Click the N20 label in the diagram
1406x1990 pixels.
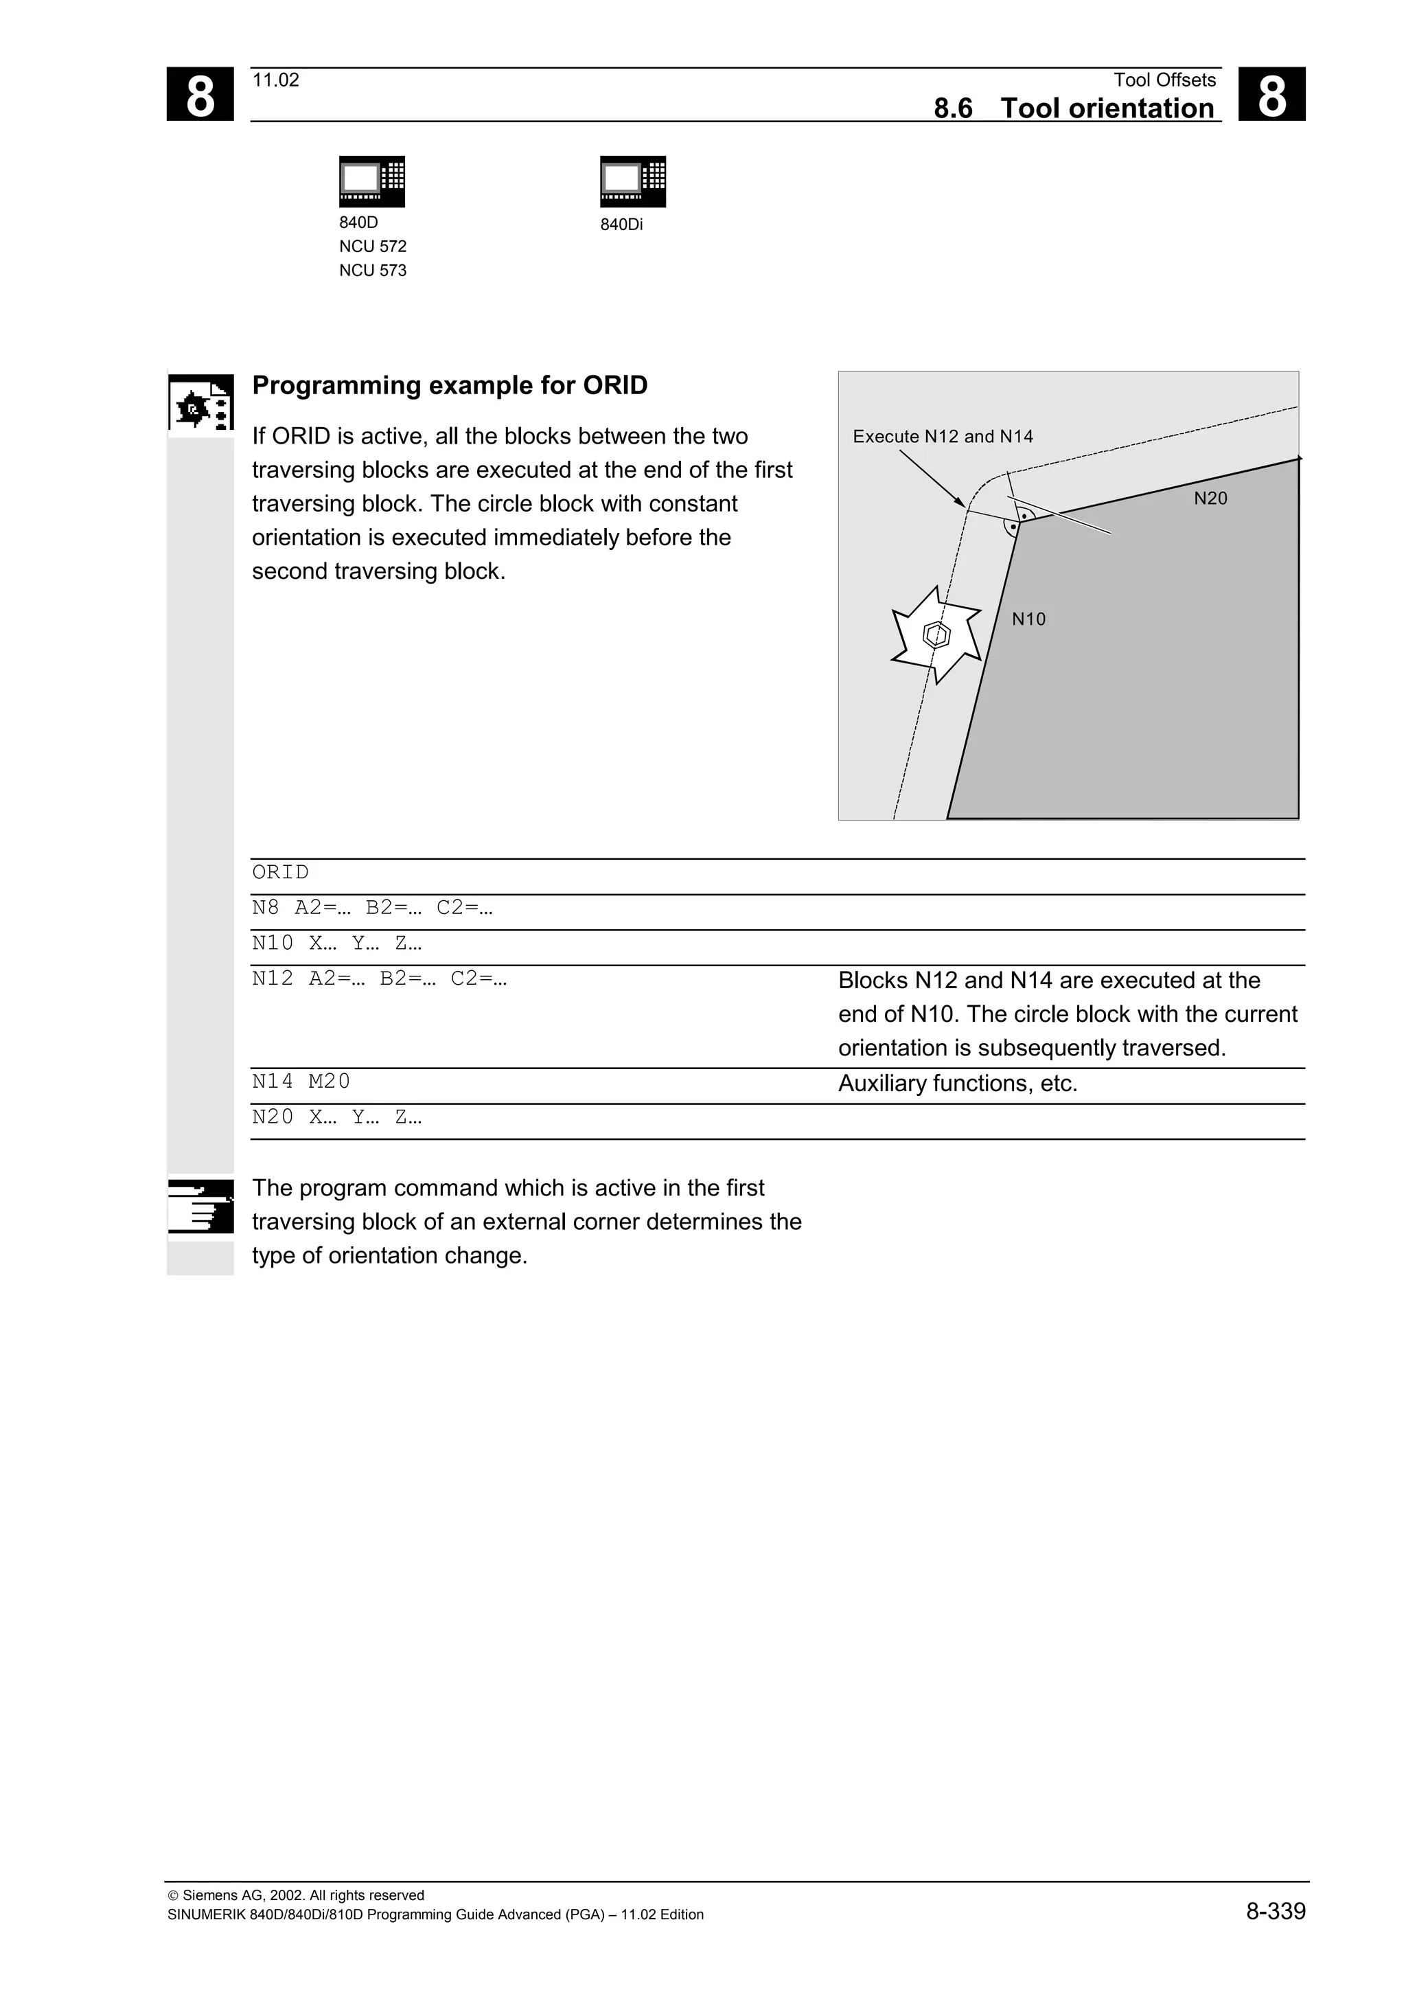point(1210,499)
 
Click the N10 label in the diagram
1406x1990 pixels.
point(1028,619)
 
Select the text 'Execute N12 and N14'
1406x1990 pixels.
point(943,437)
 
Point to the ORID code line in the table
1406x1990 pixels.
point(281,872)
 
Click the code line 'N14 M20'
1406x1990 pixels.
point(301,1081)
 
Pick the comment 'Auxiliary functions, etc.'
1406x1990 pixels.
point(957,1084)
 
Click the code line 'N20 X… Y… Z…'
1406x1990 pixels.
point(336,1117)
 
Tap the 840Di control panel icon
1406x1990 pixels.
point(632,181)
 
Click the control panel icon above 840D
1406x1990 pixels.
point(371,181)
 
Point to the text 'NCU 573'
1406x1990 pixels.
point(373,271)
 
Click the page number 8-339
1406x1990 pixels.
point(1275,1910)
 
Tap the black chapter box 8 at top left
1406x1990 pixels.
point(200,95)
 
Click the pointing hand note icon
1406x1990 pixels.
point(200,1206)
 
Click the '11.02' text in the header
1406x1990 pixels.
point(275,80)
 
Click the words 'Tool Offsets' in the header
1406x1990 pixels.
point(1164,80)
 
